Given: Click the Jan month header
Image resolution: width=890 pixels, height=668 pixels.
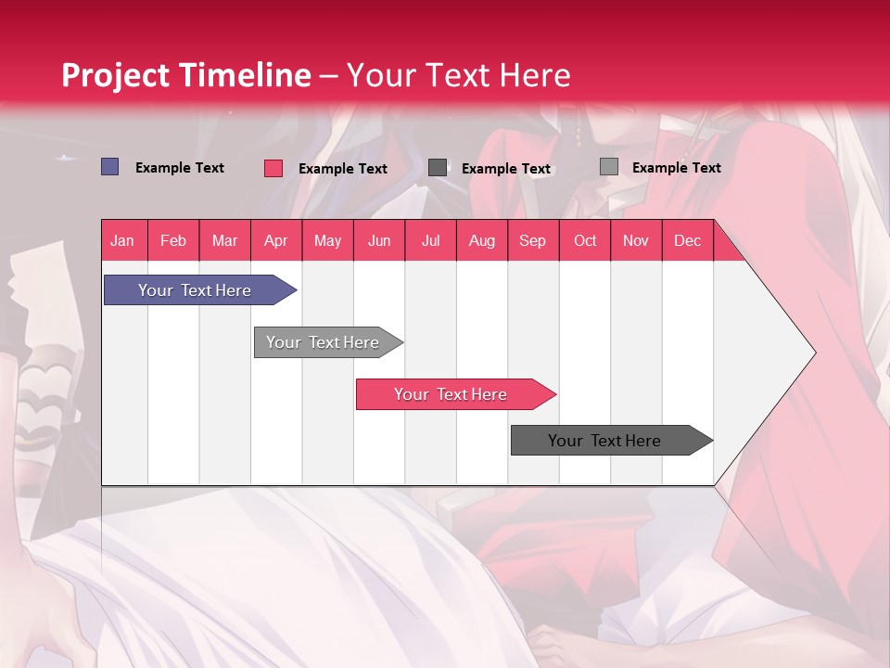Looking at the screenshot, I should coord(122,240).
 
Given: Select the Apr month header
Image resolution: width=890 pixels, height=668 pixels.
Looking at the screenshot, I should coord(276,240).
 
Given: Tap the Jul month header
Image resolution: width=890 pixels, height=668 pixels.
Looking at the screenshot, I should coord(430,240).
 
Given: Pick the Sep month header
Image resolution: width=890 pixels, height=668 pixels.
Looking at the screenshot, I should coord(532,240).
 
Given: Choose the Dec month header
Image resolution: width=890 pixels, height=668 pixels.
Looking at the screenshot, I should coord(687,240).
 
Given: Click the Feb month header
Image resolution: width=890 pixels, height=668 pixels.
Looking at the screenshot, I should coord(173,240).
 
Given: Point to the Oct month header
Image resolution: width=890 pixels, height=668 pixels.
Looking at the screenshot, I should coord(585,240).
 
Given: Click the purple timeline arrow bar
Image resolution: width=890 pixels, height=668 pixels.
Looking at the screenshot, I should coord(196,290).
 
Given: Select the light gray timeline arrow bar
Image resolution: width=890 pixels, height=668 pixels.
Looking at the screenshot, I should coord(324,342).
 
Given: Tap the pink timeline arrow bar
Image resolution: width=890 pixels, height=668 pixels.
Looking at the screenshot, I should coord(451,394).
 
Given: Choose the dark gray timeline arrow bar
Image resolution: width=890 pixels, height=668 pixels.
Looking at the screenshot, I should coord(605,441).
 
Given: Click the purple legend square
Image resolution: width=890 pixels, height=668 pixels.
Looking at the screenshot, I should coord(109,167).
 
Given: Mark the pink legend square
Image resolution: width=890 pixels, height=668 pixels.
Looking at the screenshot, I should coord(273,168).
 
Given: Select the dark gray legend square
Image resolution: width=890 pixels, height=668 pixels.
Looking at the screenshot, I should coord(438,168).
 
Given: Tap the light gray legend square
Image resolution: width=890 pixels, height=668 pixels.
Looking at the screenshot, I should coord(608,167).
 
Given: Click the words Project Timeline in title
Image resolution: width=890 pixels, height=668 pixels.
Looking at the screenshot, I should coord(185,75).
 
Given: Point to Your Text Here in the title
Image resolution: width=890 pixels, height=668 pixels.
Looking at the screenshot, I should coord(459,75).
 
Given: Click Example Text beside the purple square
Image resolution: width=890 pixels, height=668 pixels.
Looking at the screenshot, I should coord(180,168).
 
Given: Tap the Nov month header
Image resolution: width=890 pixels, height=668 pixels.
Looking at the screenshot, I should coord(636,240).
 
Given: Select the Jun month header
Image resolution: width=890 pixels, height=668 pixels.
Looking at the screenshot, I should coord(379,240).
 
